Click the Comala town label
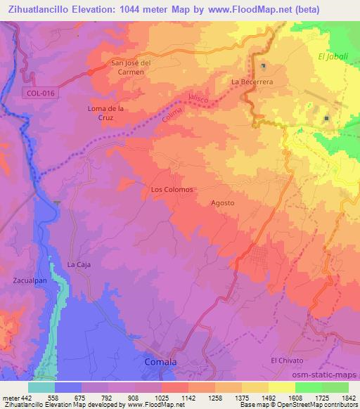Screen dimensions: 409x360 [160, 362]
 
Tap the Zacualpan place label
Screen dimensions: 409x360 [30, 280]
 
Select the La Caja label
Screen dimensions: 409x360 [79, 264]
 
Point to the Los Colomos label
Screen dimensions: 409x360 [172, 189]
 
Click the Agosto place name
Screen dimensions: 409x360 [222, 203]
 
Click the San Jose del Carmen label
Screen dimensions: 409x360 [138, 67]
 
